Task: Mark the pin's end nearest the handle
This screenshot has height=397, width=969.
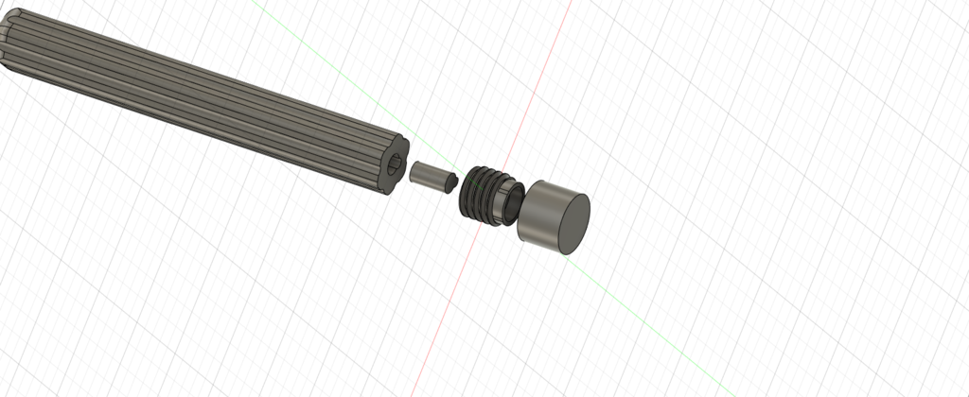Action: click(x=414, y=169)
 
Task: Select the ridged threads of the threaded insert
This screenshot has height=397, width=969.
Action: click(x=481, y=192)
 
